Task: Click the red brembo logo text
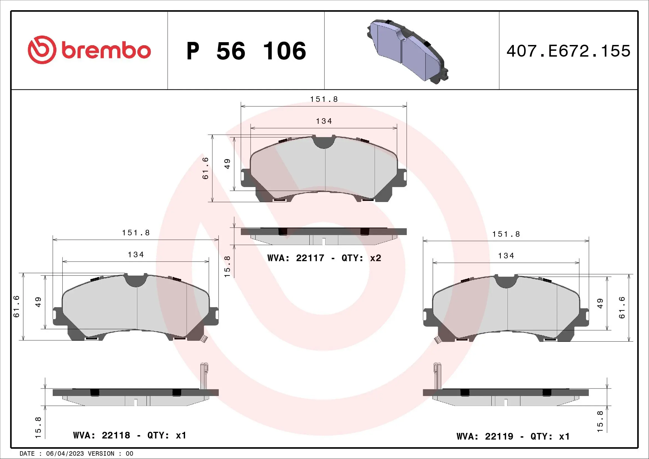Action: tap(106, 51)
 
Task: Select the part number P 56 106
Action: tap(246, 51)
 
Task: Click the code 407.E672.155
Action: tap(568, 51)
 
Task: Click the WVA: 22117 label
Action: tap(296, 258)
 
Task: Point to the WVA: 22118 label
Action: tap(102, 435)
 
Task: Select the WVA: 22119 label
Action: tap(485, 437)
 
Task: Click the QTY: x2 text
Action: tap(361, 258)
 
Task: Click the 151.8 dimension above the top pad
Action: tap(324, 99)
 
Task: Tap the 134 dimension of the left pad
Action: tap(136, 255)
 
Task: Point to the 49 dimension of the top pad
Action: tap(227, 164)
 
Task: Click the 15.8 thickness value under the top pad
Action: tap(227, 266)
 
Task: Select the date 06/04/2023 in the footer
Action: tap(65, 454)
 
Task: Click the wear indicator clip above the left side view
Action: tap(204, 376)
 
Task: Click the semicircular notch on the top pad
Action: tap(324, 143)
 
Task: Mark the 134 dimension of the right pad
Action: tap(506, 256)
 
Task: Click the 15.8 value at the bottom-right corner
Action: tap(600, 422)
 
